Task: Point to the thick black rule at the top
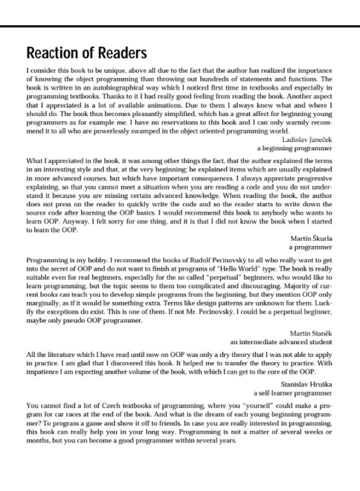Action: [x=180, y=26]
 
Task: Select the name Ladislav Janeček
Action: [x=307, y=140]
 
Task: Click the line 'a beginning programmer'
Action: [x=295, y=148]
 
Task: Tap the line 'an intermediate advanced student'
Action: [x=281, y=342]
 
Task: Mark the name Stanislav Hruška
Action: [x=306, y=384]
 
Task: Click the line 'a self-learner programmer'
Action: [x=292, y=392]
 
